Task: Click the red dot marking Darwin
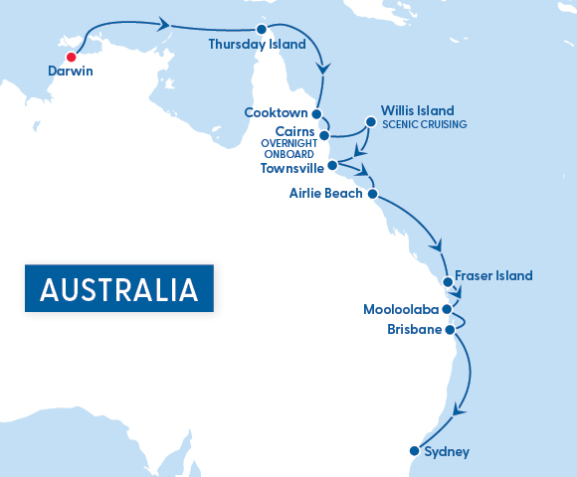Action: [x=71, y=56]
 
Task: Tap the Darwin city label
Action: [x=71, y=72]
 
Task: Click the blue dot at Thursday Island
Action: [x=262, y=29]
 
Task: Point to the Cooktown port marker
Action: [x=316, y=113]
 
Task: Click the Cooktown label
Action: [x=276, y=113]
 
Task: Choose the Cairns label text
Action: [x=295, y=131]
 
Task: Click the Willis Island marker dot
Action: [x=370, y=122]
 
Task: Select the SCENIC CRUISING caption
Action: [x=424, y=124]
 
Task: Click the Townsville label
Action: [x=292, y=168]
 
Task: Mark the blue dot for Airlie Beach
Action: [x=372, y=194]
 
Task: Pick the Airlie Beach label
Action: [x=325, y=194]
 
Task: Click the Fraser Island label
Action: [x=493, y=275]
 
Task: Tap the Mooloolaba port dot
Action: [x=448, y=309]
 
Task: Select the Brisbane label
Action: [x=414, y=329]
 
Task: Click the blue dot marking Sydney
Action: [x=414, y=452]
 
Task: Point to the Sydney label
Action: [x=446, y=452]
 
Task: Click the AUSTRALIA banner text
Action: [x=118, y=289]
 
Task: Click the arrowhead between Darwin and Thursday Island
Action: [x=164, y=24]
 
